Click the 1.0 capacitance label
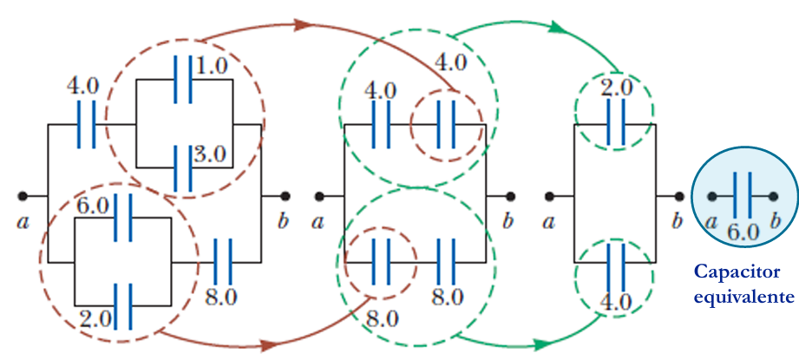pos(211,67)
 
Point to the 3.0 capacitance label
pos(209,154)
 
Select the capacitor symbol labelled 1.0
pos(183,80)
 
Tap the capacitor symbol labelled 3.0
pos(183,168)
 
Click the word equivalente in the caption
pos(744,296)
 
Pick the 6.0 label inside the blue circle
pos(743,232)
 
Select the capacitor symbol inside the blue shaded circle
pos(743,196)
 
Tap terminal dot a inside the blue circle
pos(712,196)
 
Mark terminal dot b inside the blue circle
pos(774,196)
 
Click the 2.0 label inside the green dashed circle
pos(616,88)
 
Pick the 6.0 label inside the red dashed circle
pos(93,206)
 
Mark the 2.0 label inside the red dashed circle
pos(95,320)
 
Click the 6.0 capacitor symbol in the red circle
pos(123,218)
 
